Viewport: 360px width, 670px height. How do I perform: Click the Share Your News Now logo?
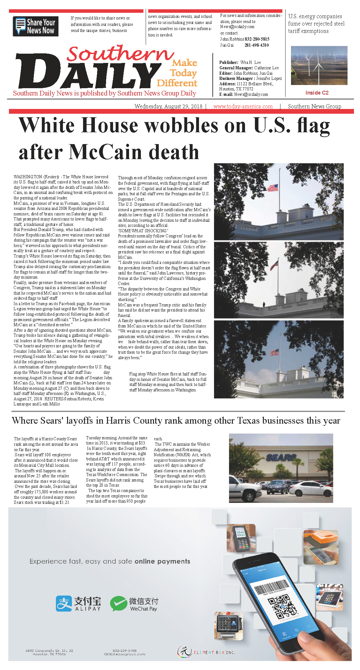point(35,26)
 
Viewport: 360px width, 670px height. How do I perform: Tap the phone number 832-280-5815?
point(257,39)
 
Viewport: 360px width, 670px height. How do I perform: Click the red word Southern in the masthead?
point(120,54)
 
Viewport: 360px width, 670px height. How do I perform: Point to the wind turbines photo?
point(319,65)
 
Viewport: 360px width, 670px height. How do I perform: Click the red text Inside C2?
point(317,93)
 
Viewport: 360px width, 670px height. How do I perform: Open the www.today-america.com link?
point(243,106)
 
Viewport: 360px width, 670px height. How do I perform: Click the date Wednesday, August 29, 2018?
point(168,106)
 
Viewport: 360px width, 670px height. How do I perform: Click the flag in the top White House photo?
point(272,188)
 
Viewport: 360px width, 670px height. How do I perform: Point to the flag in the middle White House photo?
point(274,265)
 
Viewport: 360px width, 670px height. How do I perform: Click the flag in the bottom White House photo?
point(274,352)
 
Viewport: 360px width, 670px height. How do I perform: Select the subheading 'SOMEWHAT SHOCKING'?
point(143,231)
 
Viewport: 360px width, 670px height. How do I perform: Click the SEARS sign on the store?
point(281,458)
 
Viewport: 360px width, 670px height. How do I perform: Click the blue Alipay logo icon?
point(64,604)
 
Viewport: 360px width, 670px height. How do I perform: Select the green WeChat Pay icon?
point(118,604)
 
